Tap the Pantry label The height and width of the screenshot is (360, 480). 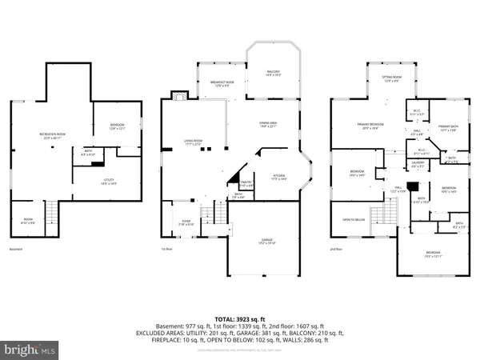click(x=249, y=184)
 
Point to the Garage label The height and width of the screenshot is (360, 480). click(x=255, y=241)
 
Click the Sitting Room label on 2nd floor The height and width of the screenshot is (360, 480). click(x=391, y=79)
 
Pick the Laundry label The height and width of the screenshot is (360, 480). click(x=418, y=164)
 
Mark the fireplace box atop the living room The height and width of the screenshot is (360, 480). click(x=179, y=95)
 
